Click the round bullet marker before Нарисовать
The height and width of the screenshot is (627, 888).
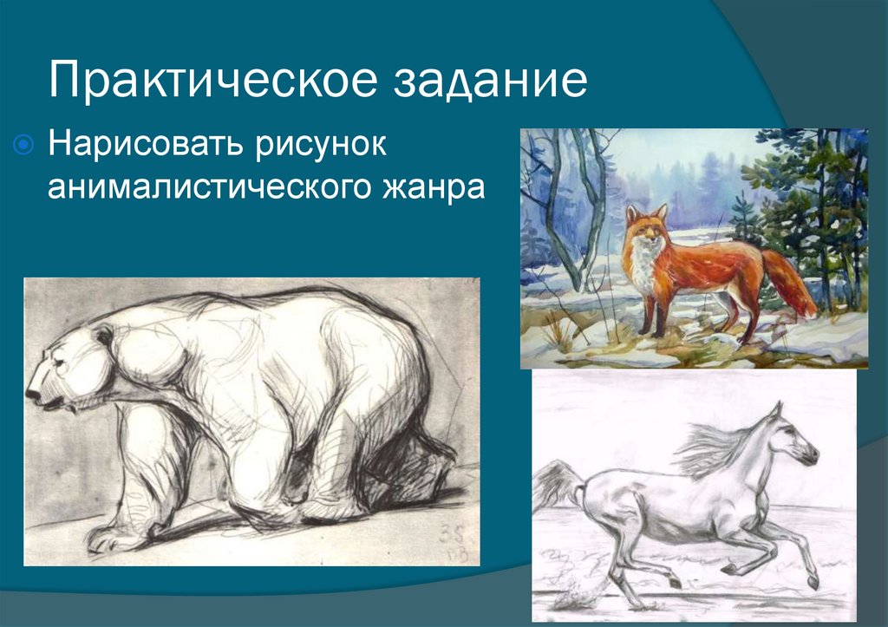25,143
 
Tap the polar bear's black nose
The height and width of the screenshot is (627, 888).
32,394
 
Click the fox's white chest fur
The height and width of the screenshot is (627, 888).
643,269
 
